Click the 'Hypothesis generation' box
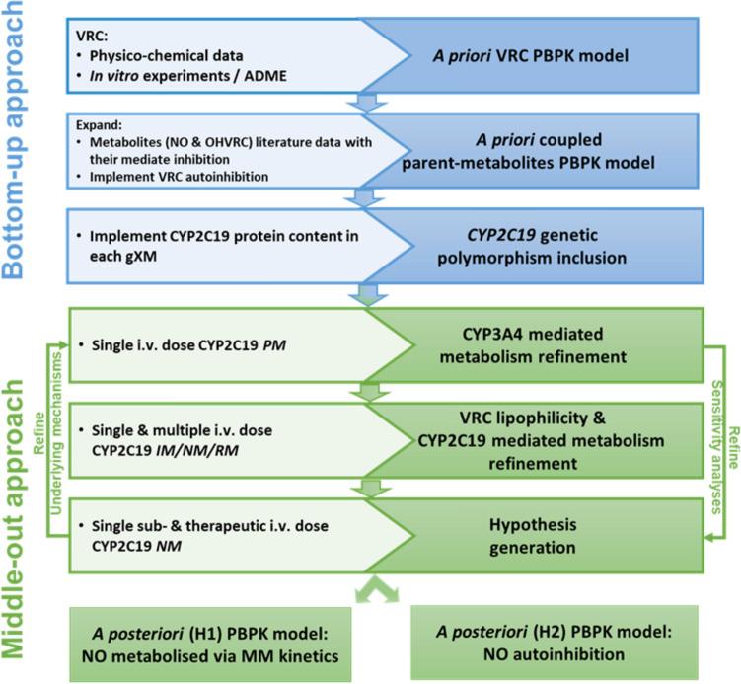tap(549, 524)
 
